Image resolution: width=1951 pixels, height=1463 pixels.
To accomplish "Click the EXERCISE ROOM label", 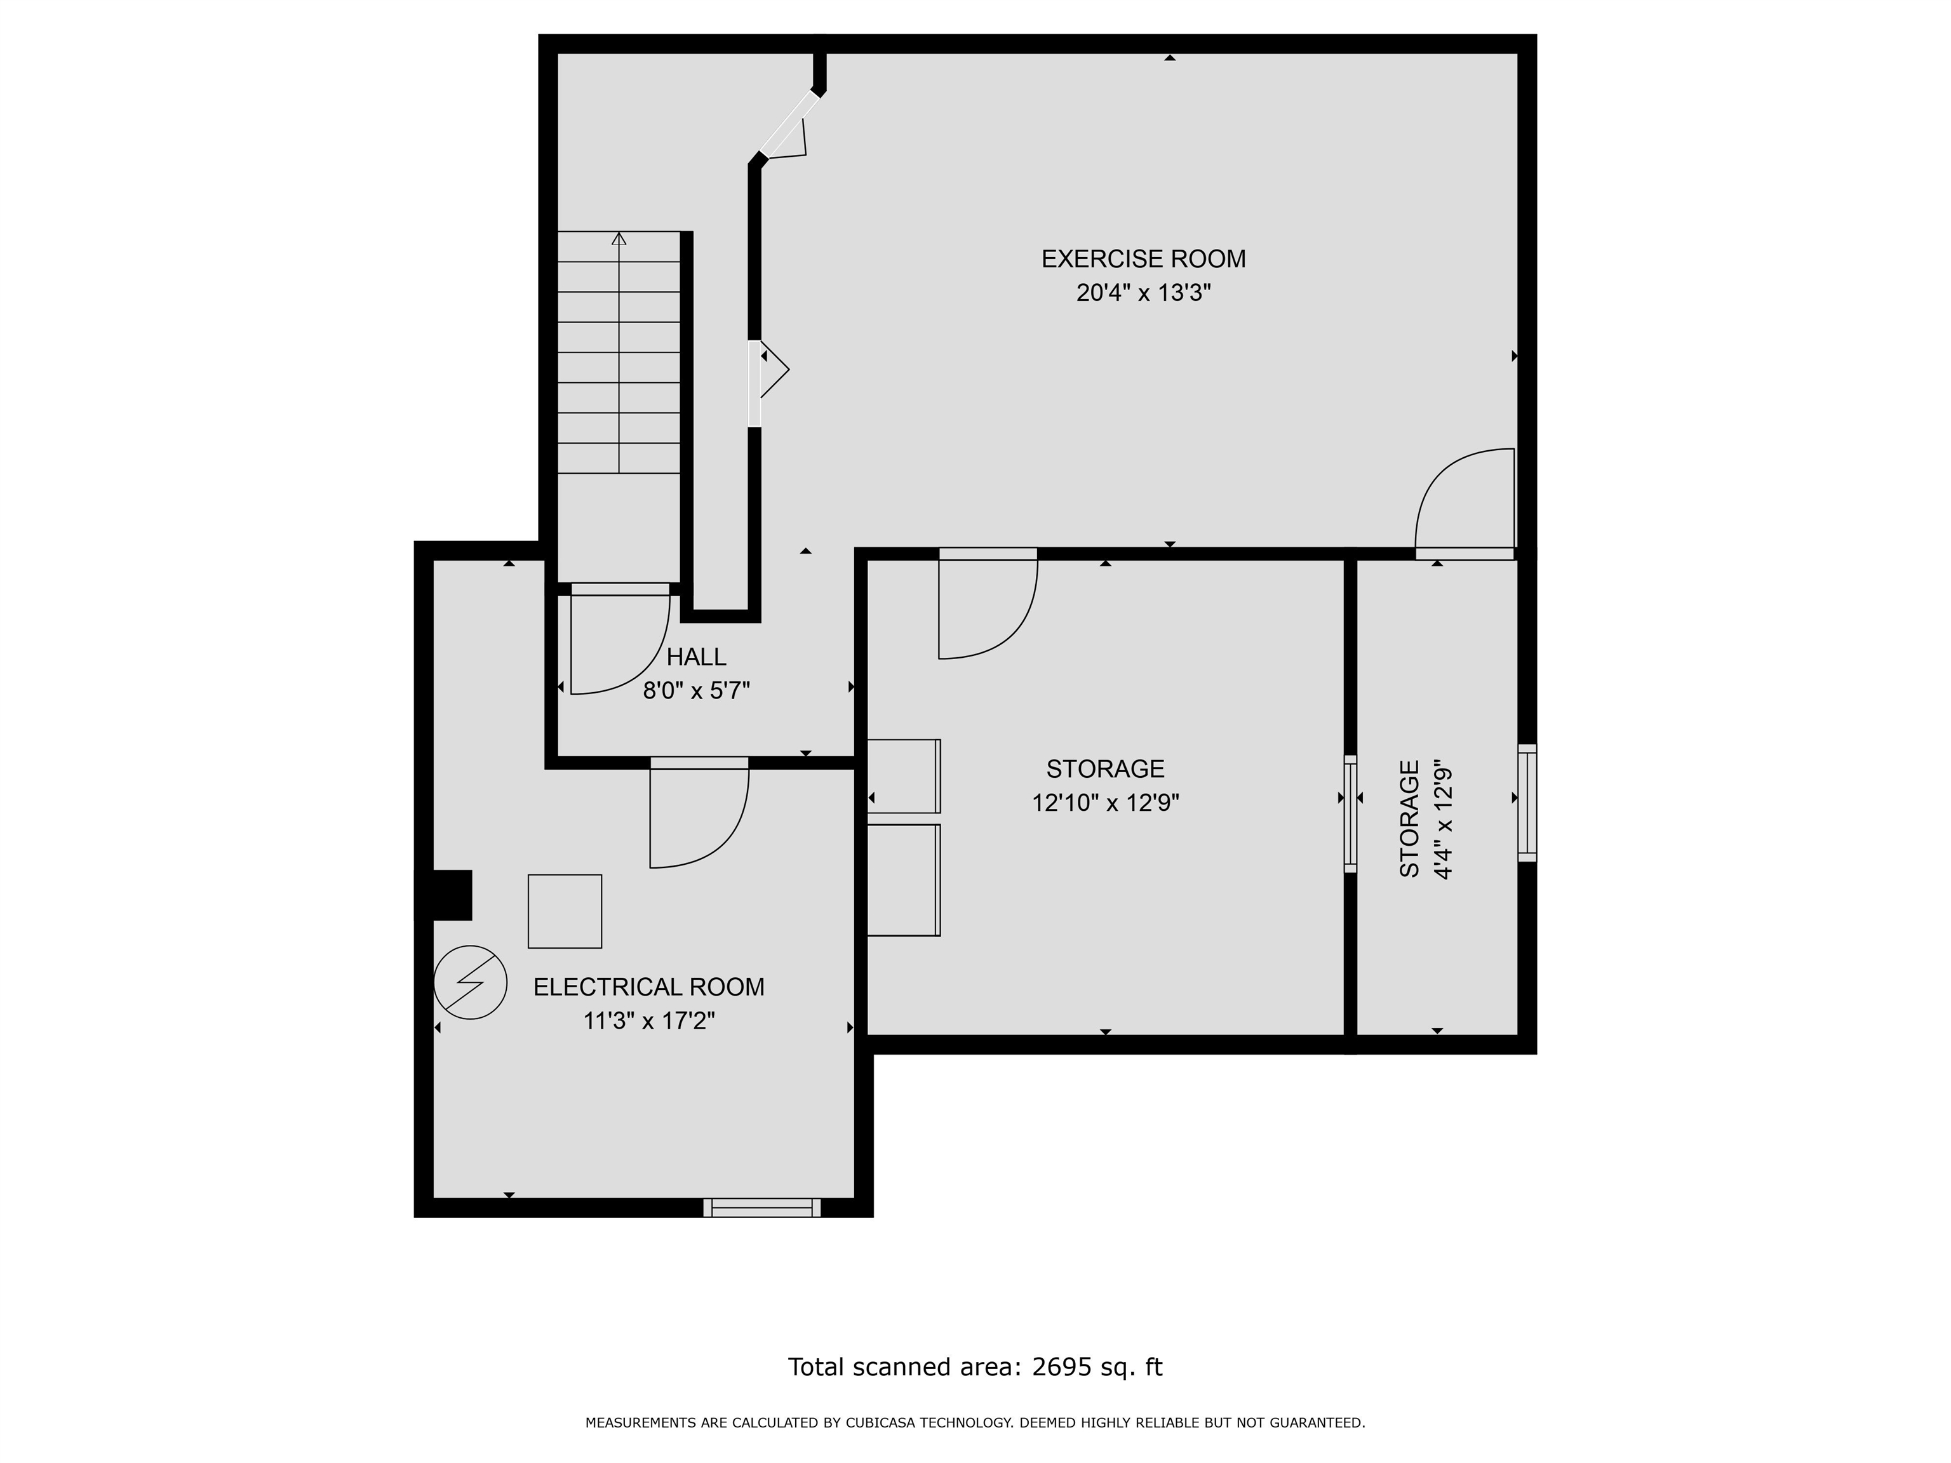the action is (1143, 259).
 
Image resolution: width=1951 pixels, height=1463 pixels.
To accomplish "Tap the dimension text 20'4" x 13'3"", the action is (1143, 293).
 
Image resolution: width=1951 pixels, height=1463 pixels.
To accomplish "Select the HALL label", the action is (696, 657).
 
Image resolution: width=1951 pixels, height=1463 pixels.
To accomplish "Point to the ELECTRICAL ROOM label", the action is (648, 987).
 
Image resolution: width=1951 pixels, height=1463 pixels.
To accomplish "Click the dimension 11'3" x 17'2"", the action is (648, 1021).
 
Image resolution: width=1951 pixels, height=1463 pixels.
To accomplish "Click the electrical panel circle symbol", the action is (470, 982).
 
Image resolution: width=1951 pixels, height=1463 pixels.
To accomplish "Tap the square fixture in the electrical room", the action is (565, 911).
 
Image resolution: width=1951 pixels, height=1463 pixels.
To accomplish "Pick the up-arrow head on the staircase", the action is (619, 238).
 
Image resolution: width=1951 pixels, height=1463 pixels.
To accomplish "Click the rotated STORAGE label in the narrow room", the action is (1409, 818).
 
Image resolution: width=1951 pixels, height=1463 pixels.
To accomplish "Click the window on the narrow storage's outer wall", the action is (1527, 803).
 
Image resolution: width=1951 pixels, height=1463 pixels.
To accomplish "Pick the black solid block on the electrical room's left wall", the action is (444, 895).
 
